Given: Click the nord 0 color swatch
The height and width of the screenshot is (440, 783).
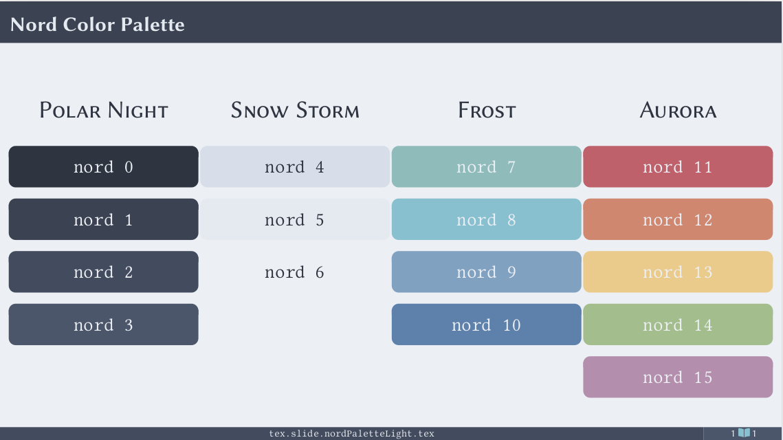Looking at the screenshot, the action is point(103,167).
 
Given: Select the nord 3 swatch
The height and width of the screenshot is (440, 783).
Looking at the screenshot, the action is point(103,324).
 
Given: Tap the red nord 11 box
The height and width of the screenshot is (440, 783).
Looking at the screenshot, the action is point(678,167).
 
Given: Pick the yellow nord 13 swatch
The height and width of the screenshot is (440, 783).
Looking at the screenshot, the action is point(678,272).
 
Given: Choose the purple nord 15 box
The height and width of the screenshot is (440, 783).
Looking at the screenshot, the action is point(678,377).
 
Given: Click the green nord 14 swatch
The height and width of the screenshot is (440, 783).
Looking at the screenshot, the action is point(678,324).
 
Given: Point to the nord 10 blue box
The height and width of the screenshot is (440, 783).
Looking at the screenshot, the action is point(487,324).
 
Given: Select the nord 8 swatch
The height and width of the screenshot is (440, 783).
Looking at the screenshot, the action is point(487,219).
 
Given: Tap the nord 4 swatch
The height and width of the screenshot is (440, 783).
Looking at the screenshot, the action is point(295,167).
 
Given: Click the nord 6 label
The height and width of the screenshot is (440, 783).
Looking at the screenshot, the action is point(295,272).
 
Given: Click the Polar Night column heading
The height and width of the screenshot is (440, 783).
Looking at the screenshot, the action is point(104,111).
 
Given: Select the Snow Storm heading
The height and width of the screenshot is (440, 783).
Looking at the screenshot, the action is point(295,111).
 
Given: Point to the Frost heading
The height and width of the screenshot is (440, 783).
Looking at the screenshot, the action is point(487,111).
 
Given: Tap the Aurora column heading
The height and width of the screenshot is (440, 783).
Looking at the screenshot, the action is point(678,111).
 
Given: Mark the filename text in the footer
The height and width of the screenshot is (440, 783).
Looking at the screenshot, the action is point(351,434).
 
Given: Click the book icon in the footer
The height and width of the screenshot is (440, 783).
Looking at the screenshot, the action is point(744,433).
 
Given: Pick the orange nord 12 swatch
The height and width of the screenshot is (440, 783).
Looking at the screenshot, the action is point(678,219).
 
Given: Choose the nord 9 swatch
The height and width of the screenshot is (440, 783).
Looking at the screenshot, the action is point(487,272).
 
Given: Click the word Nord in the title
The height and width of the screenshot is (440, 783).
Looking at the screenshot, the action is point(34,25).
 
